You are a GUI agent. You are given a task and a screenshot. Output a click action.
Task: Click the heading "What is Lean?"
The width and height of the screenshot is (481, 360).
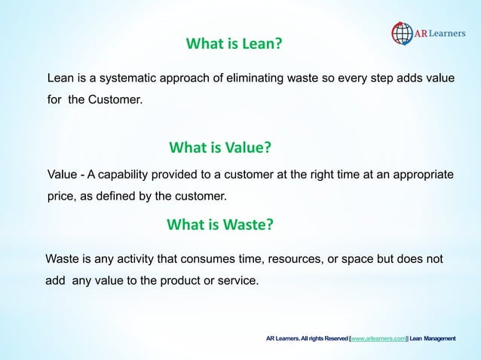tap(234, 44)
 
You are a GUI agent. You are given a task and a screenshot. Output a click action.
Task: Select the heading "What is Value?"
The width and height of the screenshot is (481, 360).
tap(220, 146)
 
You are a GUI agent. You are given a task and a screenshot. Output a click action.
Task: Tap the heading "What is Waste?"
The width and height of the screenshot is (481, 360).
tap(219, 224)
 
